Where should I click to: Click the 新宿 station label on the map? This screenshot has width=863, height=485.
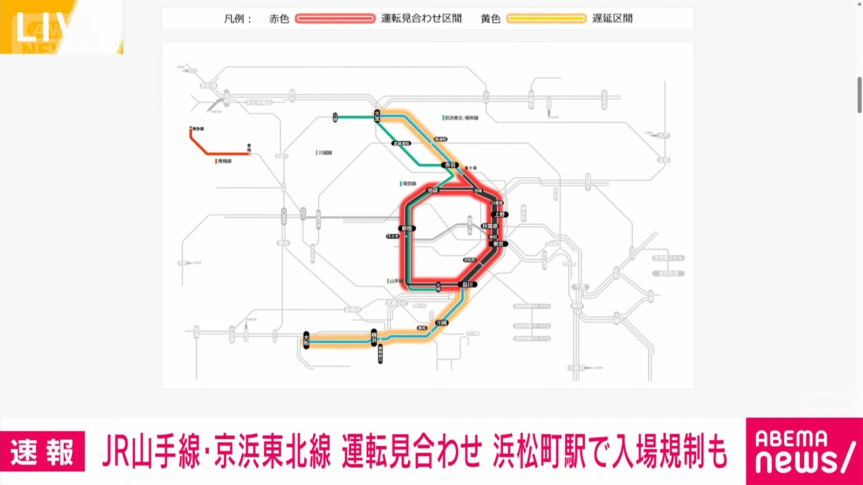point(407,228)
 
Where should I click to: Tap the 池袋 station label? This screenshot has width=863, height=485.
point(433,190)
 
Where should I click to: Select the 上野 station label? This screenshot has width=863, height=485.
point(500,214)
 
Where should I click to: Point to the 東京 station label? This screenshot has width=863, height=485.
point(498,244)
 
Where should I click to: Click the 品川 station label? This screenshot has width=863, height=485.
point(467,284)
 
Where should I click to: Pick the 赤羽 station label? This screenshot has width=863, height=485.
point(449,165)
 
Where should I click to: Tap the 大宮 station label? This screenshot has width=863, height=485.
point(377,116)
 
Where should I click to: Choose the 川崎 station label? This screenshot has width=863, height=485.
point(442,323)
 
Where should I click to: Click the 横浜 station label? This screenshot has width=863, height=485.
point(373,337)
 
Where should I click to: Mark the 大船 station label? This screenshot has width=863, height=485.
point(306,340)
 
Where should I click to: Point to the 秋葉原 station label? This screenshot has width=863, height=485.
point(490,226)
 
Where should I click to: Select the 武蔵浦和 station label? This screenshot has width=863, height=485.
point(402,143)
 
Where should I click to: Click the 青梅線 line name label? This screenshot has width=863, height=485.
point(224,161)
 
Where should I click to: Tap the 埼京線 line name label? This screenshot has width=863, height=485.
point(409,184)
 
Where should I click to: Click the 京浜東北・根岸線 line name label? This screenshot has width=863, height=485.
point(461,118)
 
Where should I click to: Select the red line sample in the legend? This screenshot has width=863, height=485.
point(335,19)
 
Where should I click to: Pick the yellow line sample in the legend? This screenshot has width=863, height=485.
point(546,19)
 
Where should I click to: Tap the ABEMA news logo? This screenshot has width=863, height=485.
point(804,452)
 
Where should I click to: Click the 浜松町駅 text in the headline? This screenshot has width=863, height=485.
point(539,452)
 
